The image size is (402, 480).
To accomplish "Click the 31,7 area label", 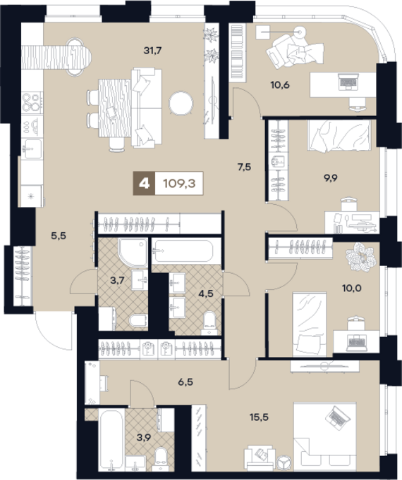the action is click(x=152, y=51).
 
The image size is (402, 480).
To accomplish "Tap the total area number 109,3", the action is click(x=179, y=184).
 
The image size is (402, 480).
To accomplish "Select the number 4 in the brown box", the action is click(x=145, y=184).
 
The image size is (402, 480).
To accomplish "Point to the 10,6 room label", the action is click(x=280, y=84).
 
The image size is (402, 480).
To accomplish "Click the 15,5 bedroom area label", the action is click(x=259, y=417).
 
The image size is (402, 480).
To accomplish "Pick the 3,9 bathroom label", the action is click(x=144, y=438).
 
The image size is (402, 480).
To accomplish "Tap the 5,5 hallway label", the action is click(x=59, y=236).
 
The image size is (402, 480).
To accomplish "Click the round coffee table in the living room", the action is click(x=181, y=103).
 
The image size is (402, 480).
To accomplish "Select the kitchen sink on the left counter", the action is click(x=32, y=149).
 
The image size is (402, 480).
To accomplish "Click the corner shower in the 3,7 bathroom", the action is click(x=133, y=253).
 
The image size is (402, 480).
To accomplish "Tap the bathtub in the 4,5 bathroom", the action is click(x=183, y=251).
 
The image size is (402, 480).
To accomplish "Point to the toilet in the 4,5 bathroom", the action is click(x=209, y=323).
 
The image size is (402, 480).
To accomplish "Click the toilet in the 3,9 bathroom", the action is click(x=161, y=459).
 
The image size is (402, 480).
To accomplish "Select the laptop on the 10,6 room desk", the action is click(x=348, y=82).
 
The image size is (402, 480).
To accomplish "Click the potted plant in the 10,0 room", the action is click(x=361, y=257).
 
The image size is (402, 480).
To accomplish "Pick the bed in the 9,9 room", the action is click(x=339, y=135).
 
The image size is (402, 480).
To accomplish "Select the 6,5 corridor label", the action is click(x=185, y=381).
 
